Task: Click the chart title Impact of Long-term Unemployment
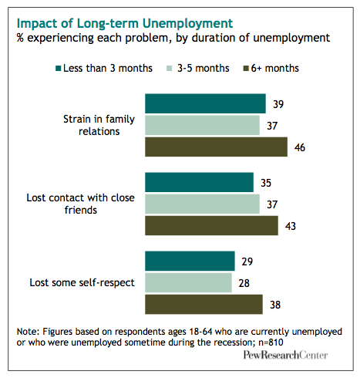coord(125,23)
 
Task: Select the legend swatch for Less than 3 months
coord(59,69)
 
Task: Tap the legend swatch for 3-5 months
coord(170,69)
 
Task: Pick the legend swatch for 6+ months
coord(246,69)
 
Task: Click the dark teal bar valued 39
coord(205,103)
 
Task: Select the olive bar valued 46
coord(216,147)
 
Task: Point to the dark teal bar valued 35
coord(199,182)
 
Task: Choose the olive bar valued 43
coord(211,225)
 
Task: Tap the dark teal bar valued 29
coord(190,261)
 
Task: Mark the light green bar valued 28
coord(188,282)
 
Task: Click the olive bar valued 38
coord(204,304)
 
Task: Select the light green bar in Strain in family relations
coord(202,125)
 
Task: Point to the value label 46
coord(300,147)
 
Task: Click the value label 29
coord(247,262)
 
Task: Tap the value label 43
coord(291,226)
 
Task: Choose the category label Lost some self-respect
coord(82,282)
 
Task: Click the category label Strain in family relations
coord(99,125)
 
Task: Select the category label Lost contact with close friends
coord(80,204)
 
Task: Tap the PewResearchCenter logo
coord(285,355)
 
